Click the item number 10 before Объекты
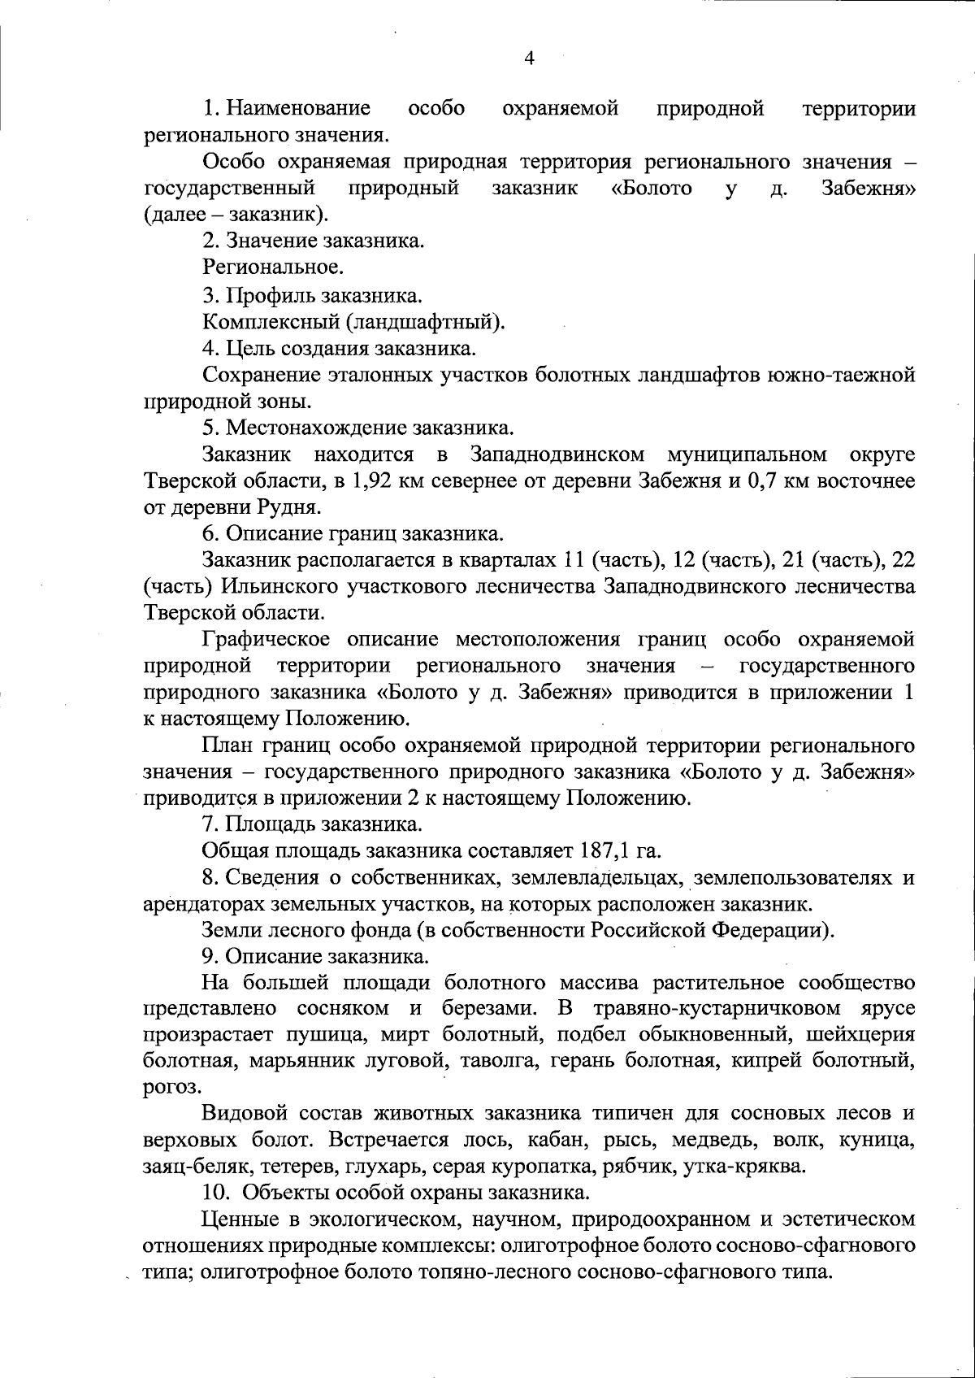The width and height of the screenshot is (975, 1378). click(x=214, y=1193)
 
